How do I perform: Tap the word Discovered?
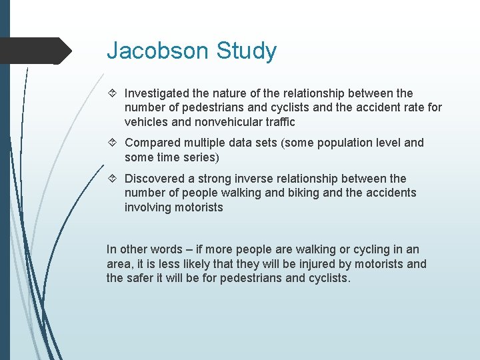(x=155, y=179)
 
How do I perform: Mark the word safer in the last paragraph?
(x=141, y=278)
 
